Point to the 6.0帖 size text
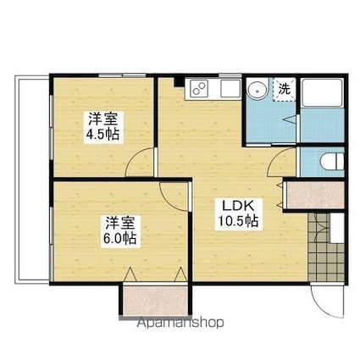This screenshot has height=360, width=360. coord(120,240)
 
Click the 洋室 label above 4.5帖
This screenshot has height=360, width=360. coord(100,119)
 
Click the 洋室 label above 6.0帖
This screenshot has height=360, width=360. coord(120,224)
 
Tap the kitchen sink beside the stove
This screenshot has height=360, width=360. coord(230,87)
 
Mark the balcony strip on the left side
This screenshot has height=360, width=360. coord(30,178)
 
